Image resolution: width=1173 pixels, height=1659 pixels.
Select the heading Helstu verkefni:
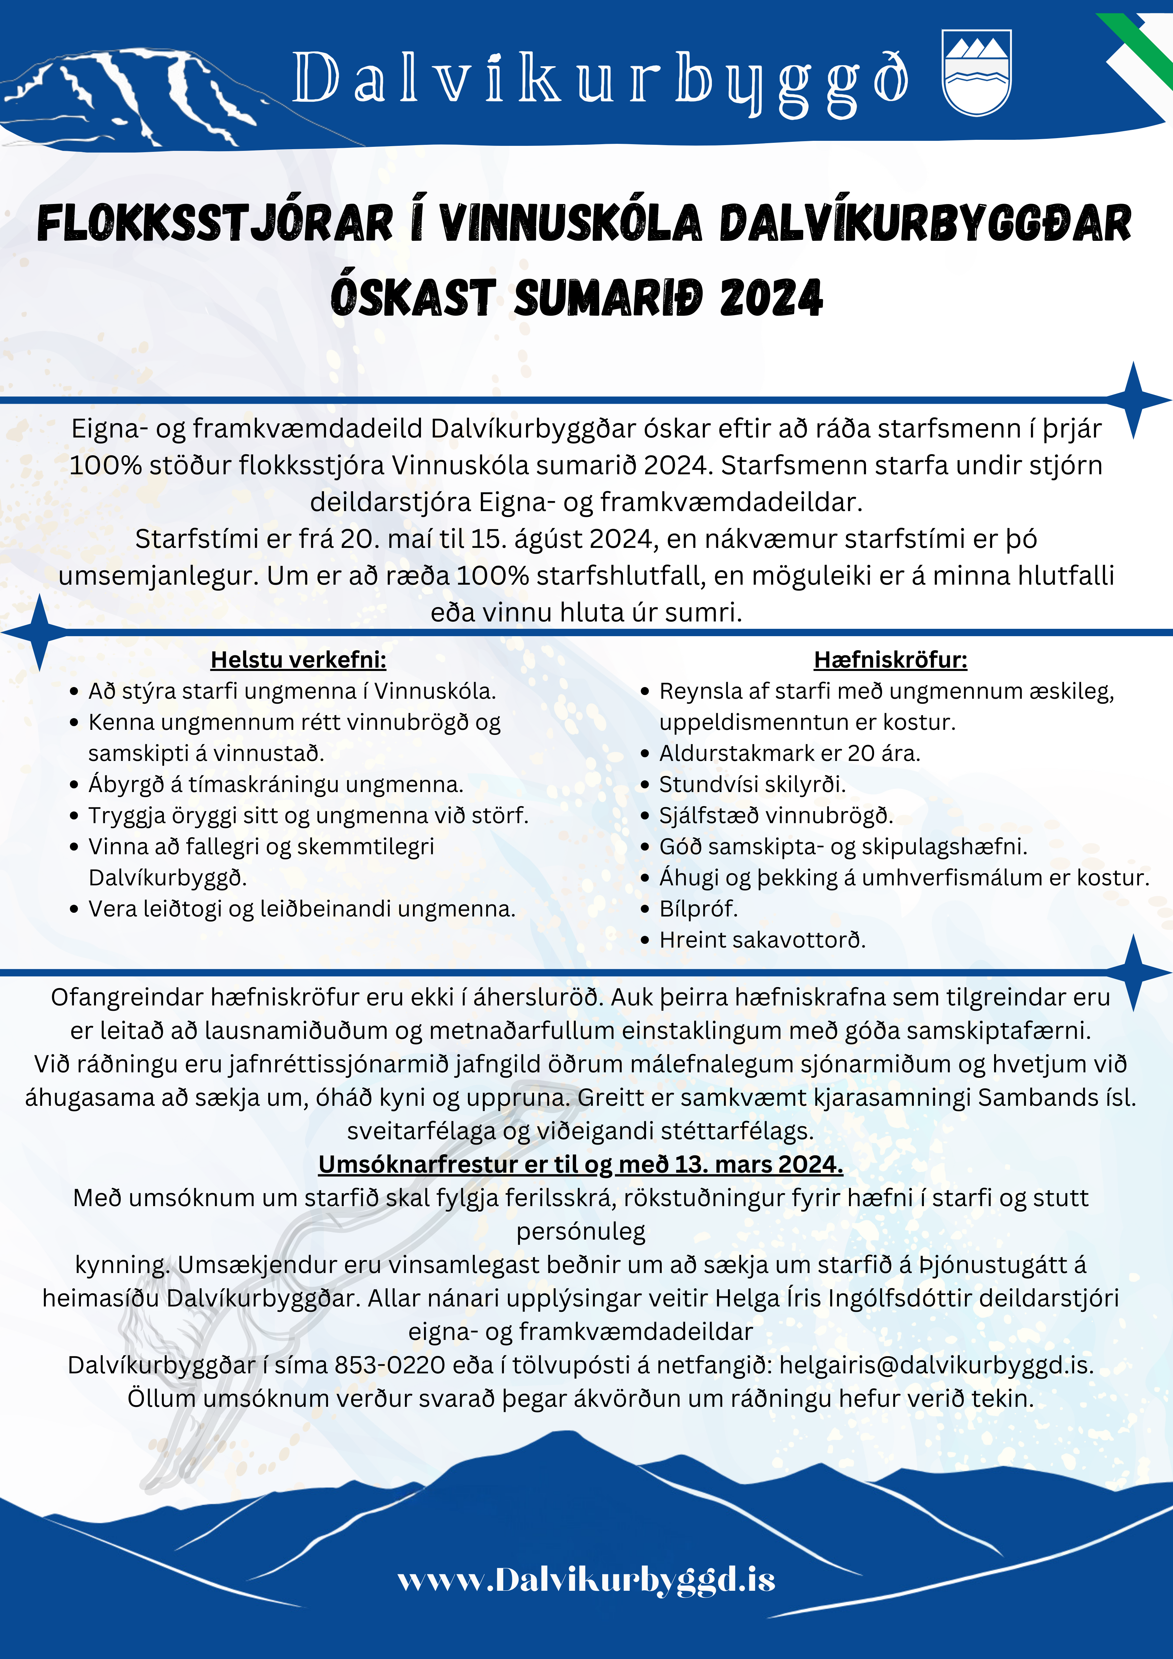pyautogui.click(x=298, y=660)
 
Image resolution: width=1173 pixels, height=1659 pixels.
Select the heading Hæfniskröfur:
pyautogui.click(x=890, y=660)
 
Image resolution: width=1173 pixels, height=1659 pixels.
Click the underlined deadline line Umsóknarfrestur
pyautogui.click(x=581, y=1164)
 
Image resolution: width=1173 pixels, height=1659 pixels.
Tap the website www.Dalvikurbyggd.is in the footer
pyautogui.click(x=586, y=1579)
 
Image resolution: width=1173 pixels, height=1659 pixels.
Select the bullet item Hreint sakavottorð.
pyautogui.click(x=762, y=940)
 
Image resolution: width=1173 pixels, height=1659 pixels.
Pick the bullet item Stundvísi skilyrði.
pyautogui.click(x=752, y=785)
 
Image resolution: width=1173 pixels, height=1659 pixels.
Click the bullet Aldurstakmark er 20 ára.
pyautogui.click(x=789, y=754)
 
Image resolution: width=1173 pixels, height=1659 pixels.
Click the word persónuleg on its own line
pyautogui.click(x=581, y=1231)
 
